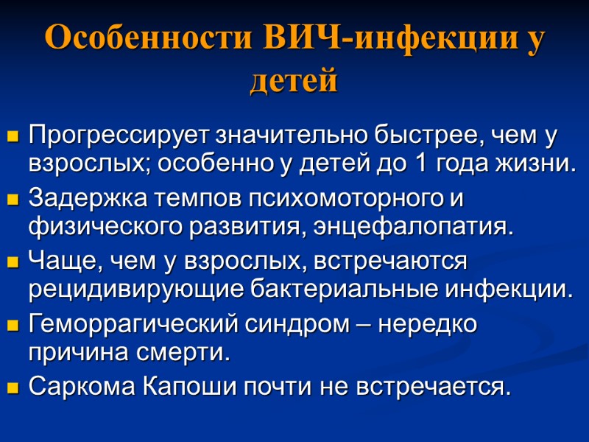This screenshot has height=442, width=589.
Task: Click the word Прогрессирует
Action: click(x=119, y=136)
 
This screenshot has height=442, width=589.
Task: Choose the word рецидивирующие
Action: click(x=128, y=290)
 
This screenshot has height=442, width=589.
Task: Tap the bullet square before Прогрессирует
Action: click(x=13, y=138)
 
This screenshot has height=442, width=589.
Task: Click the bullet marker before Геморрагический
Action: click(x=13, y=326)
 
